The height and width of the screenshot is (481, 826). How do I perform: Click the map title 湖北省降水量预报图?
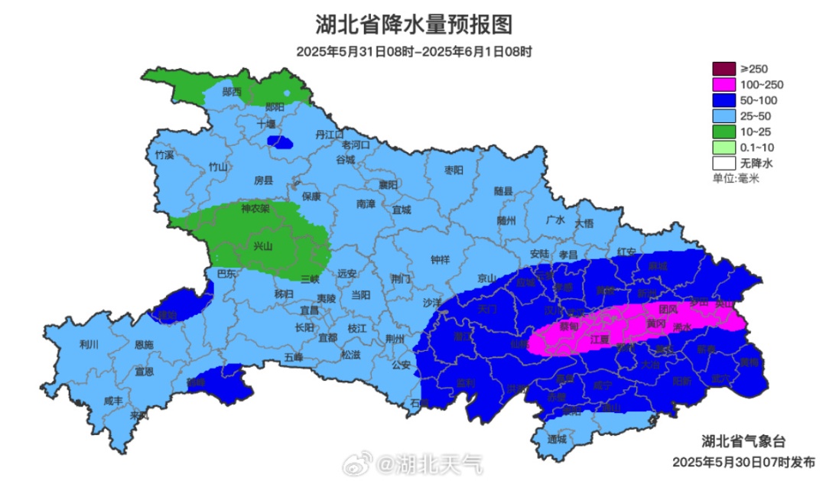click(413, 24)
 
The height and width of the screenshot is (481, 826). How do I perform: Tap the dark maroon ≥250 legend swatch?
click(723, 70)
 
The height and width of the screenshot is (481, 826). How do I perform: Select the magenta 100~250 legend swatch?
click(723, 85)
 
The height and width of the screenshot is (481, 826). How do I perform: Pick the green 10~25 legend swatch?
click(723, 132)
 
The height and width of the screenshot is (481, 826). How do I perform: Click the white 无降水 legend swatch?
click(723, 163)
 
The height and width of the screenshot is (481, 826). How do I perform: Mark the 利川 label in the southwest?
click(89, 344)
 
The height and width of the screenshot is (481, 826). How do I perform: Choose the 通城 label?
click(558, 440)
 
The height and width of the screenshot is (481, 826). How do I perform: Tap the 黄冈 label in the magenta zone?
click(655, 324)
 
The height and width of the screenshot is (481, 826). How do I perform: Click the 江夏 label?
click(600, 339)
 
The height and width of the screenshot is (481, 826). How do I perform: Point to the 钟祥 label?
click(441, 260)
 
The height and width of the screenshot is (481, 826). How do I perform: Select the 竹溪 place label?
click(164, 154)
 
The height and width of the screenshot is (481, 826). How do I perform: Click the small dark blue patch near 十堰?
click(280, 141)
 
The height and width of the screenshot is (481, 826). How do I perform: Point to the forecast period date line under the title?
click(414, 52)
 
